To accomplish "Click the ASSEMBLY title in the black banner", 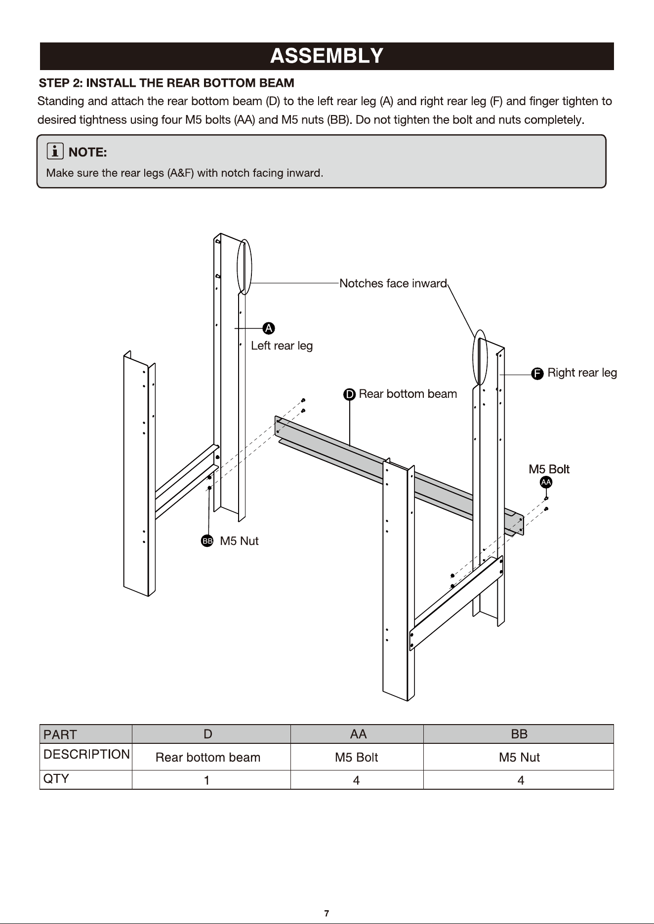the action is pos(327,56).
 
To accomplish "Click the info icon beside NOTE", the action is pos(55,151).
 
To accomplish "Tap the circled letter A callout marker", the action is pos(269,328).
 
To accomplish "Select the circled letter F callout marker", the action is pos(537,374).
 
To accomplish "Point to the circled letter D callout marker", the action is pos(349,394).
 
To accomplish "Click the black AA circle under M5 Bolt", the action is pos(546,482).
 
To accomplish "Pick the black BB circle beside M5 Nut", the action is pos(207,541).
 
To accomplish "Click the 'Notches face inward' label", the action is pos(393,283).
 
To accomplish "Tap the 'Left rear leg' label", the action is pos(282,346).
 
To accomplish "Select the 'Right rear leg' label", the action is pos(582,373).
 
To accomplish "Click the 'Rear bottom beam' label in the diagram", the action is pos(408,394).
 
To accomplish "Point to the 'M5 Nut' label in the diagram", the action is pos(239,541).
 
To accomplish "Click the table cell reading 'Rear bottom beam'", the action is pos(208,757).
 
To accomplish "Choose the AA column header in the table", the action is pos(358,734).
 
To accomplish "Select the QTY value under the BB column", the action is pos(520,780).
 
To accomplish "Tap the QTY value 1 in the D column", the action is pos(207,780).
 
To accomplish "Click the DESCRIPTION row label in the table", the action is pos(86,754).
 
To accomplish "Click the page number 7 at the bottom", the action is pos(327,913).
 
